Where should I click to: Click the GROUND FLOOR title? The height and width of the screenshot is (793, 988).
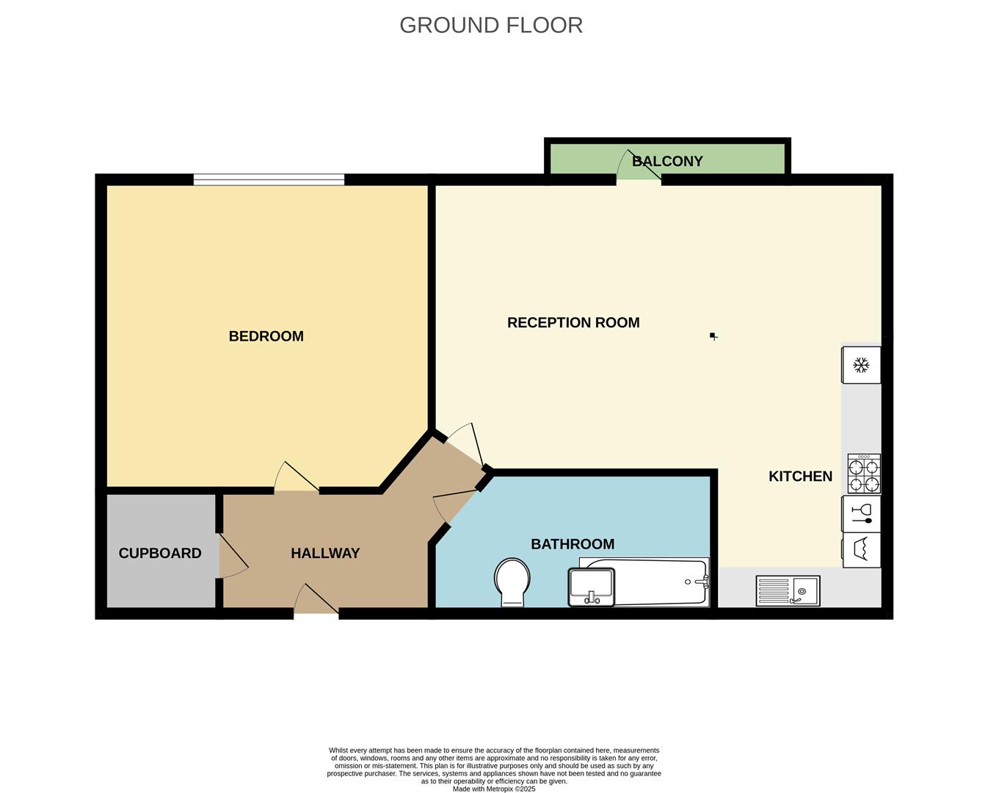point(491,25)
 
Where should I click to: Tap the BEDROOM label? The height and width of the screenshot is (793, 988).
point(266,336)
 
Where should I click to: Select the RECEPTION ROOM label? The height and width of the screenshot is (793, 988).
point(573,322)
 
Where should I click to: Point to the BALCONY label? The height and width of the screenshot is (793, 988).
point(667,161)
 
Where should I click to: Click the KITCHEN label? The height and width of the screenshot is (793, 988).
point(800,476)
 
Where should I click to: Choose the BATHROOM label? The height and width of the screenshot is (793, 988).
point(573,544)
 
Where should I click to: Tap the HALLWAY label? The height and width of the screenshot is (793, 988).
point(325,553)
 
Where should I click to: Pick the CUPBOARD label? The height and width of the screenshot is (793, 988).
point(160,553)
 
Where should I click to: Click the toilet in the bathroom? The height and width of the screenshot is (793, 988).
point(512,582)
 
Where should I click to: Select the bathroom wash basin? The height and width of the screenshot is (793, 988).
point(591,587)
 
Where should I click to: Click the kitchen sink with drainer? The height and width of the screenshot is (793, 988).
point(788,590)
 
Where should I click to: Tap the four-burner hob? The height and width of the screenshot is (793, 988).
point(864,474)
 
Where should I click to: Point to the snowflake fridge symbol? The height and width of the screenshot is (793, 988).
point(861,365)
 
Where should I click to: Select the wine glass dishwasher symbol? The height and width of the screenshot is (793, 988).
point(861,513)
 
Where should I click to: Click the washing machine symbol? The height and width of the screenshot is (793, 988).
point(861,550)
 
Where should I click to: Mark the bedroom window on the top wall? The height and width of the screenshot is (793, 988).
point(269,179)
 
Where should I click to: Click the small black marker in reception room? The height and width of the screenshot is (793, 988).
point(713,336)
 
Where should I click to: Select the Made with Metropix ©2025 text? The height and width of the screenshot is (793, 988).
point(494,789)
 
